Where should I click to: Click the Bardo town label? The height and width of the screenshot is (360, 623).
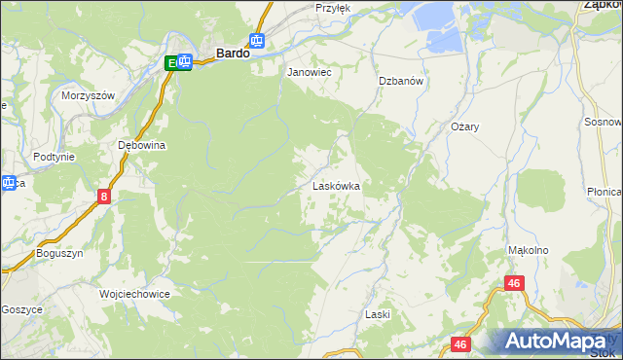232,55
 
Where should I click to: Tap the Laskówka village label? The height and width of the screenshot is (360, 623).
337,185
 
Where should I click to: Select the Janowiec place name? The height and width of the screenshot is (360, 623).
309,72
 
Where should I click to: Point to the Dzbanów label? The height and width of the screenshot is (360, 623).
401,82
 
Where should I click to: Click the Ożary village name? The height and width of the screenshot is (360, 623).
465,127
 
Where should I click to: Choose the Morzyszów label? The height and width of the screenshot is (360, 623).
89,95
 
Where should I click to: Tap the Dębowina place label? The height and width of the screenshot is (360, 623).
142,145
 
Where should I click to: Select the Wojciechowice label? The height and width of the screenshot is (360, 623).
134,293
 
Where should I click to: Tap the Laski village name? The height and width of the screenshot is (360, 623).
377,314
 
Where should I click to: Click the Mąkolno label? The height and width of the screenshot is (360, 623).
529,250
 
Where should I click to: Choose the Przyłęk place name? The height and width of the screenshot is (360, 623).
333,7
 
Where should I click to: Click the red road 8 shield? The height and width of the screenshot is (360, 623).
104,197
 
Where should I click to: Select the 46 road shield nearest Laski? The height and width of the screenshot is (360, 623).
461,344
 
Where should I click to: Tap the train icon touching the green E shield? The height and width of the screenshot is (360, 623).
183,62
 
